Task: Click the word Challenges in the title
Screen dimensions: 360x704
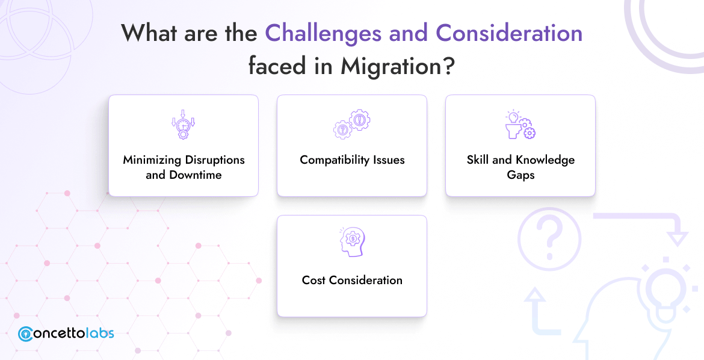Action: click(324, 33)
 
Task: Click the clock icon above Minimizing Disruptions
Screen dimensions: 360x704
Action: click(184, 125)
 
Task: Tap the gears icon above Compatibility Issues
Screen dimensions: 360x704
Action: click(352, 125)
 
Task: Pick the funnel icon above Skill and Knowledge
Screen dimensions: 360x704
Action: click(520, 125)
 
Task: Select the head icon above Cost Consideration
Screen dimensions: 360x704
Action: click(352, 242)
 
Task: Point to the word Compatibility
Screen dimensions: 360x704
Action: click(335, 160)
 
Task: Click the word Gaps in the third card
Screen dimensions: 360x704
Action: click(520, 175)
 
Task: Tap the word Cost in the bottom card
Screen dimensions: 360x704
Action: click(313, 281)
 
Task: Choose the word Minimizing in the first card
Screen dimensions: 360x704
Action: click(152, 160)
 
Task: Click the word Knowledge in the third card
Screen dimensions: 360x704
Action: click(545, 160)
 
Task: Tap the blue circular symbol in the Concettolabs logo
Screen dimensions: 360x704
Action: click(26, 334)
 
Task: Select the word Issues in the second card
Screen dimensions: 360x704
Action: click(388, 160)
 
